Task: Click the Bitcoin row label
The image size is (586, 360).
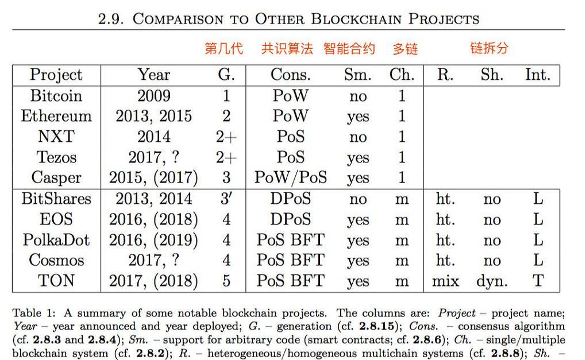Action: point(56,95)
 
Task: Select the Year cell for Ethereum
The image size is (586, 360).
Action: point(153,116)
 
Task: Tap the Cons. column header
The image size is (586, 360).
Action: point(291,75)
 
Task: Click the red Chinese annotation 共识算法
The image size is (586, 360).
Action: point(287,49)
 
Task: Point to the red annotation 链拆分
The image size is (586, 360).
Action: point(489,48)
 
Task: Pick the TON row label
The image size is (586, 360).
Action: point(56,281)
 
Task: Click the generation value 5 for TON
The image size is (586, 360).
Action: point(226,281)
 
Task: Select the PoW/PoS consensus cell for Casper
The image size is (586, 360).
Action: point(291,178)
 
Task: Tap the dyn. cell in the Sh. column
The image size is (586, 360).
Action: point(492,281)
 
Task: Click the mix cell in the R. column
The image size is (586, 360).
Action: point(445,281)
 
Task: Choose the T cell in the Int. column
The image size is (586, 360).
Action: point(538,281)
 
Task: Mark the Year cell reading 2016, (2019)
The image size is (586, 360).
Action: point(153,239)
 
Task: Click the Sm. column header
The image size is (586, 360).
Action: point(357,75)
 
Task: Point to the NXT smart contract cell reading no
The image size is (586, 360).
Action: point(357,137)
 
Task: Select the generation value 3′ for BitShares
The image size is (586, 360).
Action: point(226,199)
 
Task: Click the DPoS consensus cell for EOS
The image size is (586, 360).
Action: point(291,219)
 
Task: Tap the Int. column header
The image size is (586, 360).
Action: point(538,75)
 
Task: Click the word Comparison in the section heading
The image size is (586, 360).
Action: point(178,19)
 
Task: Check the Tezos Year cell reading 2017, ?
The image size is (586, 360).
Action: point(153,157)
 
